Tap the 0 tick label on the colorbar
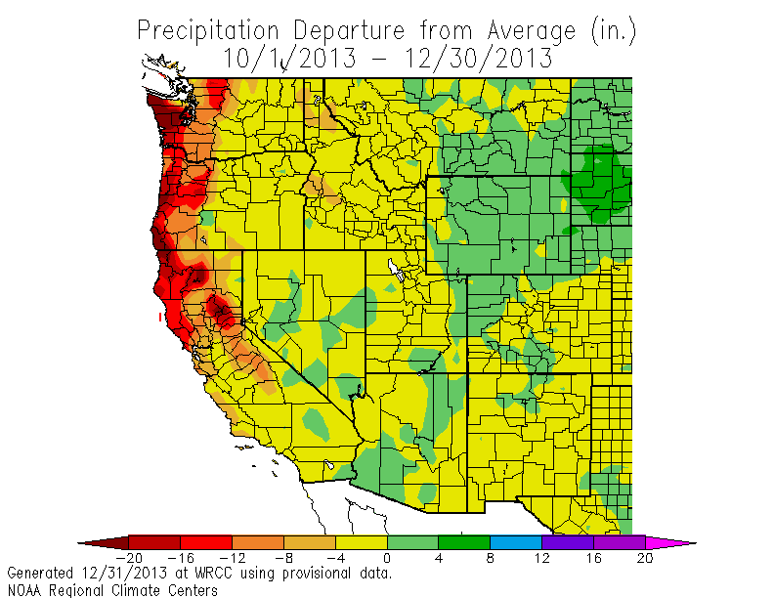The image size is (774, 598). (x=387, y=558)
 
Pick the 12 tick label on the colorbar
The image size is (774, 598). (x=541, y=558)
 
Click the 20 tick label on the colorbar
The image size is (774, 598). (x=645, y=558)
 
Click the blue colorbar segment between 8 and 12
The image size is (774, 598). (x=515, y=541)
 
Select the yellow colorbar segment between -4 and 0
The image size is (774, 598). (x=361, y=541)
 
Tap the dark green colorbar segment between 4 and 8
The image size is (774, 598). (x=463, y=541)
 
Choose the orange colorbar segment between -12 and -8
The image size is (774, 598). (x=257, y=541)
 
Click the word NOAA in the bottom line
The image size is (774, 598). (x=24, y=589)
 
